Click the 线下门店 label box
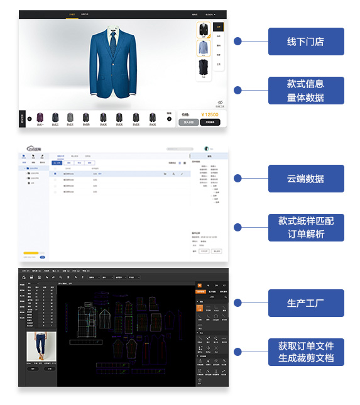pyautogui.click(x=306, y=42)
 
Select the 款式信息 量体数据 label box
pyautogui.click(x=306, y=91)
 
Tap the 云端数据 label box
pyautogui.click(x=306, y=179)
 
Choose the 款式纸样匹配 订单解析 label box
pyautogui.click(x=306, y=228)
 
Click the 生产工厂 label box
pyautogui.click(x=306, y=303)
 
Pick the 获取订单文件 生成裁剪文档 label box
pyautogui.click(x=306, y=352)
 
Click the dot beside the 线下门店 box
pyautogui.click(x=237, y=42)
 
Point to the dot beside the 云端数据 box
pyautogui.click(x=237, y=179)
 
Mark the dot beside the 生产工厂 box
pyautogui.click(x=237, y=303)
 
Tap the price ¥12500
pyautogui.click(x=210, y=114)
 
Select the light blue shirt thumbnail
pyautogui.click(x=202, y=48)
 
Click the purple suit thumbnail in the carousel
pyautogui.click(x=40, y=117)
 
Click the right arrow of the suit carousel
pyautogui.click(x=169, y=119)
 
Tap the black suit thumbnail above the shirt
pyautogui.click(x=202, y=29)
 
